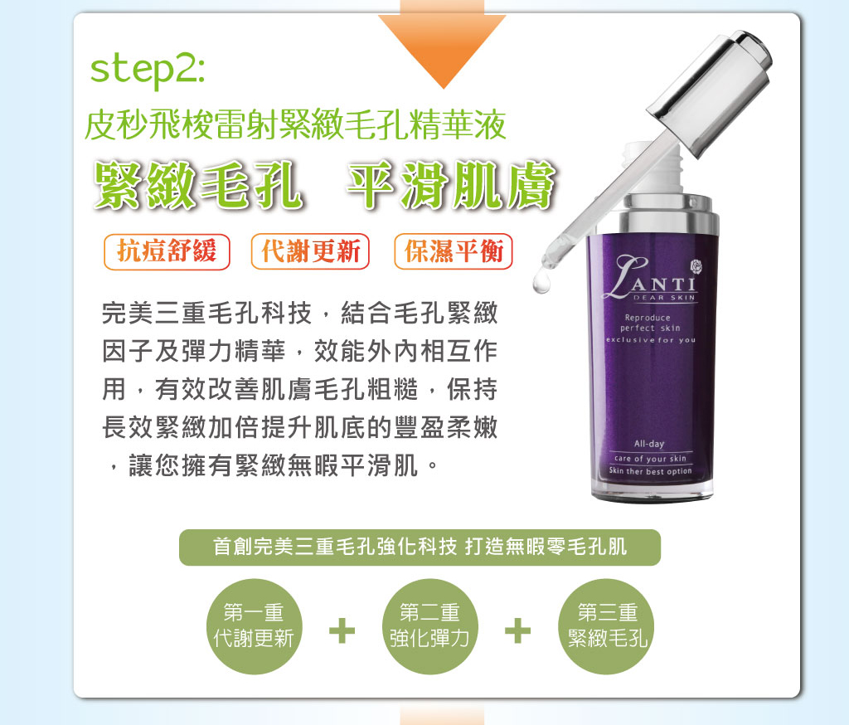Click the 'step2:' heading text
click(x=148, y=70)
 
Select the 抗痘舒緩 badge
click(x=167, y=251)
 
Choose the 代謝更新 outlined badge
click(x=310, y=251)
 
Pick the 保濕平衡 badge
click(x=454, y=251)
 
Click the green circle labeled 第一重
click(x=254, y=626)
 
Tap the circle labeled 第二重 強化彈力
click(x=430, y=626)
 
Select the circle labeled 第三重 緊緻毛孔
click(x=606, y=626)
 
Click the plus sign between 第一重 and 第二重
click(x=342, y=630)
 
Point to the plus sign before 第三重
click(x=517, y=630)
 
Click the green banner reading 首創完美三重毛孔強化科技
click(x=420, y=547)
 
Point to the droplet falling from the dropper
click(x=541, y=283)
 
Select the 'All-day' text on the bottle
click(x=649, y=444)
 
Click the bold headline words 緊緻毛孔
click(x=198, y=186)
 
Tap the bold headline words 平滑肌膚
click(x=451, y=186)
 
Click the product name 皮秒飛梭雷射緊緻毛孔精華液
click(x=296, y=124)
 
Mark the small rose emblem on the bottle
click(x=696, y=266)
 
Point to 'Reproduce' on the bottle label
click(x=648, y=318)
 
